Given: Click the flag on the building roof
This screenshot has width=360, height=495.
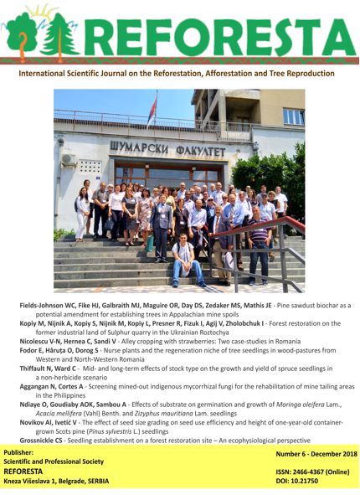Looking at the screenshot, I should [x=152, y=109].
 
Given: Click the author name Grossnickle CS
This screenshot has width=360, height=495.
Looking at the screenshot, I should [x=49, y=440].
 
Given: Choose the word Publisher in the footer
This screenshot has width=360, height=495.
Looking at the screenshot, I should [x=25, y=454].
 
